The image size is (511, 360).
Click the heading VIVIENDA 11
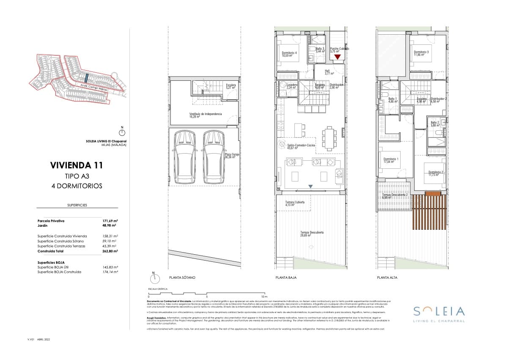coord(76,165)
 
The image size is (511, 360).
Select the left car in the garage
coord(185,157)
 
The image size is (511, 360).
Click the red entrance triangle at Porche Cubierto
coord(337,57)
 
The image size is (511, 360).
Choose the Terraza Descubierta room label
coord(312,234)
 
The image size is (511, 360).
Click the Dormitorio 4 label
coord(289,54)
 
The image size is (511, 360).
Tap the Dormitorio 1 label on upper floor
coord(388,160)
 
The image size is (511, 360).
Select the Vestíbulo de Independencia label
coord(205,115)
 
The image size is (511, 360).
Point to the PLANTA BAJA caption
coord(286,278)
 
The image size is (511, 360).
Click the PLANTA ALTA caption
coord(387,278)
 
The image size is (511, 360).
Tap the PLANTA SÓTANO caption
coord(182,278)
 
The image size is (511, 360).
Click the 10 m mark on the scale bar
coord(264,297)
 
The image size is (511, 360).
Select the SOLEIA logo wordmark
coord(439,311)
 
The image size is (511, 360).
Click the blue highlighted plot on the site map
coord(86,78)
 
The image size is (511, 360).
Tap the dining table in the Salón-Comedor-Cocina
coord(329,138)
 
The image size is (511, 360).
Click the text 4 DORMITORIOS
coord(76,186)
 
